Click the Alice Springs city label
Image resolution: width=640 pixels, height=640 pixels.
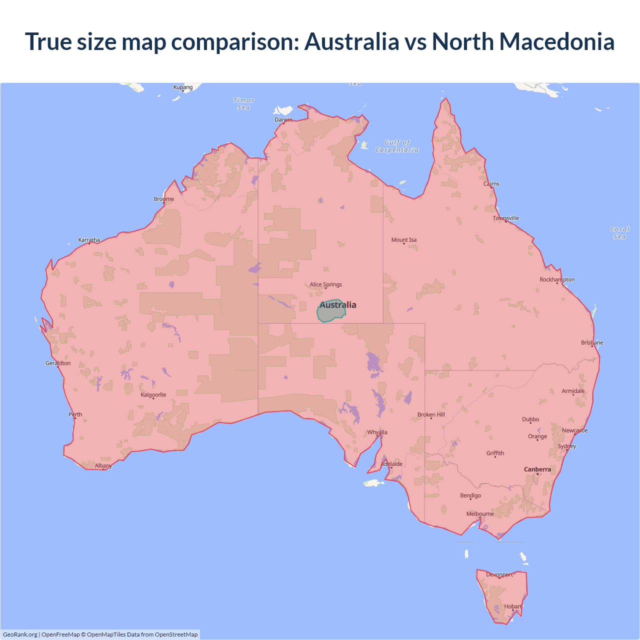(x=325, y=284)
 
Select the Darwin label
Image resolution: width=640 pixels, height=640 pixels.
(x=283, y=119)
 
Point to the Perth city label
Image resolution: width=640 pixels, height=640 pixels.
(x=75, y=414)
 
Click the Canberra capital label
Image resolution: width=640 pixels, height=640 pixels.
(x=537, y=469)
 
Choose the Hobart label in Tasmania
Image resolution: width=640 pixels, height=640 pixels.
(x=512, y=606)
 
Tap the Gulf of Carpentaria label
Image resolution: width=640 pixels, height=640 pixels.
(x=397, y=146)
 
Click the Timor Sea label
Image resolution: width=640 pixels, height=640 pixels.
(x=244, y=104)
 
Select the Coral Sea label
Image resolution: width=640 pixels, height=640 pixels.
(x=619, y=233)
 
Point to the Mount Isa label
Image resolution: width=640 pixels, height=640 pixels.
(x=404, y=240)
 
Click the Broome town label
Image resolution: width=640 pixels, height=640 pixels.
(x=164, y=199)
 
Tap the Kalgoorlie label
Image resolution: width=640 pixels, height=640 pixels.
(x=153, y=395)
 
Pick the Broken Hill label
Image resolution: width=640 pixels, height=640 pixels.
(x=431, y=415)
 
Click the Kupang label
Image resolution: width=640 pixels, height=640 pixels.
(x=183, y=87)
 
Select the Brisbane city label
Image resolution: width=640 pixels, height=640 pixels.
(x=592, y=343)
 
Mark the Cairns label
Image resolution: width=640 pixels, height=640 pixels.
(x=491, y=184)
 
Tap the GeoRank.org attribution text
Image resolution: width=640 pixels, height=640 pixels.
(x=20, y=634)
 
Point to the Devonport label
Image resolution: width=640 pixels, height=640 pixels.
(x=499, y=574)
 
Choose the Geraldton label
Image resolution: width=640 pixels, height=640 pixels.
(x=58, y=363)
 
